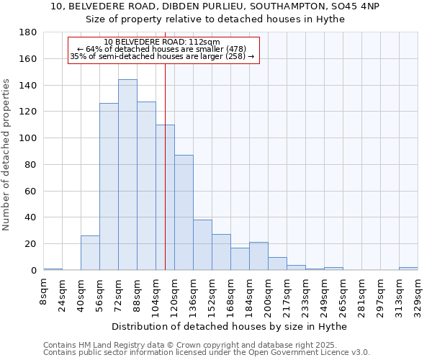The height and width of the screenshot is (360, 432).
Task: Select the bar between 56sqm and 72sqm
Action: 109,186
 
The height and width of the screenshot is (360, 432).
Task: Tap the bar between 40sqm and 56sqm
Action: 90,253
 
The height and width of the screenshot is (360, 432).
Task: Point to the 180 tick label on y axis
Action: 28,32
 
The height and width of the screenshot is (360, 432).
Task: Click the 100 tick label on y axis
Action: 28,138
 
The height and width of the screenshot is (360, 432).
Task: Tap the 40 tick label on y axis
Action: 31,217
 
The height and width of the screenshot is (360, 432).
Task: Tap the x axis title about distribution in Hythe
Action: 230,326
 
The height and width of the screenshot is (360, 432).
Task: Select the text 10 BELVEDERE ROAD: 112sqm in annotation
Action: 162,42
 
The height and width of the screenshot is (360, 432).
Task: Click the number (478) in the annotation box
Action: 235,49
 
